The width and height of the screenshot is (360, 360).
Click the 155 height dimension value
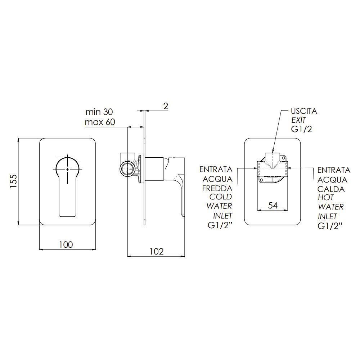click(13, 181)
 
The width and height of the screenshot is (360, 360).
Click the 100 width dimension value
click(66, 245)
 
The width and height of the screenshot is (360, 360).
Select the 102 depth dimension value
click(157, 252)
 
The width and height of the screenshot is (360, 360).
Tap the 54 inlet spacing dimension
click(273, 205)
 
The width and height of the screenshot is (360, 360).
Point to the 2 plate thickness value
click(166, 106)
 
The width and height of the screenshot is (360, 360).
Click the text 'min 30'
click(99, 112)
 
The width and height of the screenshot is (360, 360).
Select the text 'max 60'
click(100, 122)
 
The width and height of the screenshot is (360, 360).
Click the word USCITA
click(304, 111)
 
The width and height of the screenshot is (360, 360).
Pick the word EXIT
click(299, 120)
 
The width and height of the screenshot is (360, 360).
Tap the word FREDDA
click(217, 188)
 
